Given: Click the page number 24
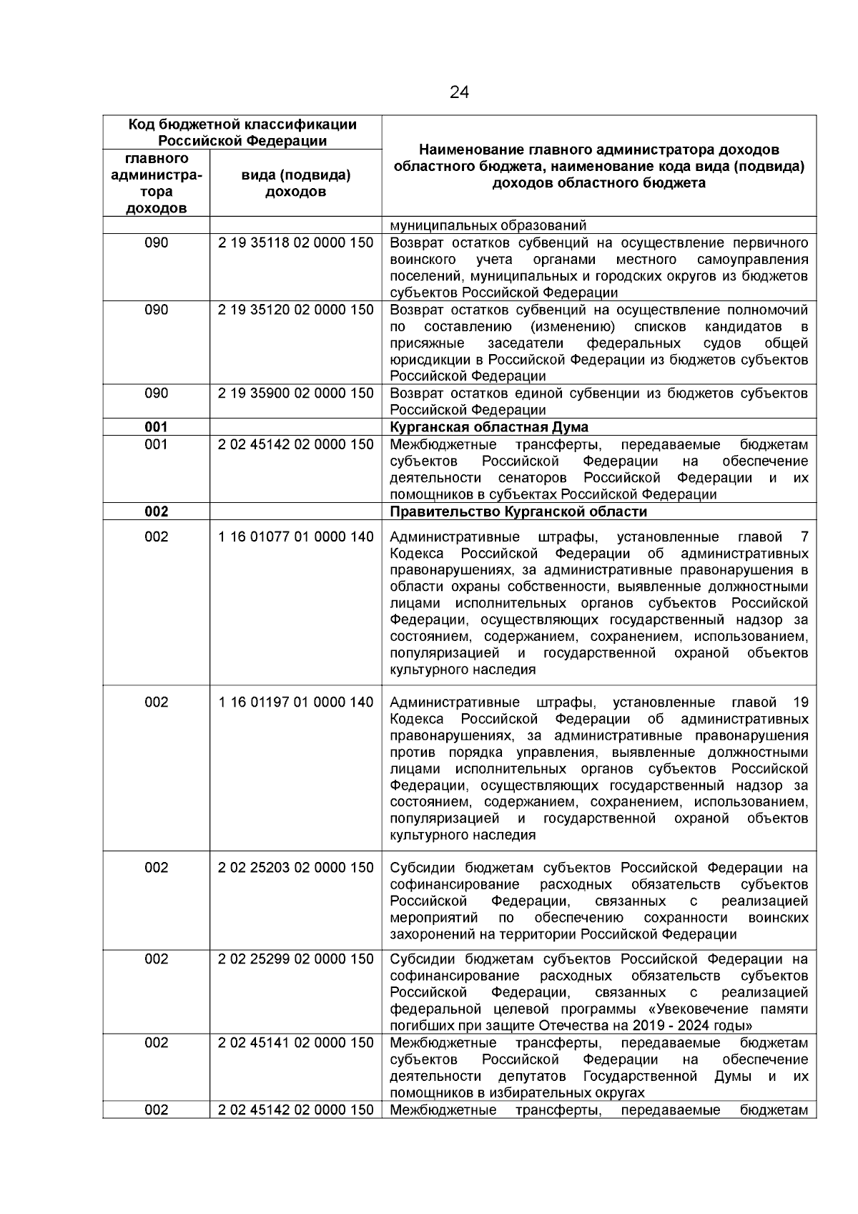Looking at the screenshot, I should [459, 92].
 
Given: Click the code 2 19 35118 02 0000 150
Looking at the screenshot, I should [295, 243].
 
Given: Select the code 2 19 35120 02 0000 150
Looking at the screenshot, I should [295, 310].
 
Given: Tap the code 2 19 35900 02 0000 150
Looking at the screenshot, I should [295, 393].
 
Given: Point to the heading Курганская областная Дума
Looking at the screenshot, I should [489, 427].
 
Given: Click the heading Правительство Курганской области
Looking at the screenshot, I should [518, 511].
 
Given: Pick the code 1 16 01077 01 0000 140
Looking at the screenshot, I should [295, 537].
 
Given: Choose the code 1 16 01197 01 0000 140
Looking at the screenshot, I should [295, 703].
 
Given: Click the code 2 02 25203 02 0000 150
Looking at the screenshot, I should [295, 868].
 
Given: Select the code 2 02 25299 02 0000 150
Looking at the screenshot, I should [295, 959].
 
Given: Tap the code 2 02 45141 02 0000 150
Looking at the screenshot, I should [295, 1043].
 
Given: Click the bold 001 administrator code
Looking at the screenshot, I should [156, 427].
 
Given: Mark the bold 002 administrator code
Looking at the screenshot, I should [156, 511].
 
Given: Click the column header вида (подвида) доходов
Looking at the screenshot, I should [296, 183].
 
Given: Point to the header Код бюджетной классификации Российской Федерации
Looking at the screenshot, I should [242, 132].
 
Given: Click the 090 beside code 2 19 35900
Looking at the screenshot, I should [156, 393].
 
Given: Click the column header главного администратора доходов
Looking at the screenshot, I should [156, 183].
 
